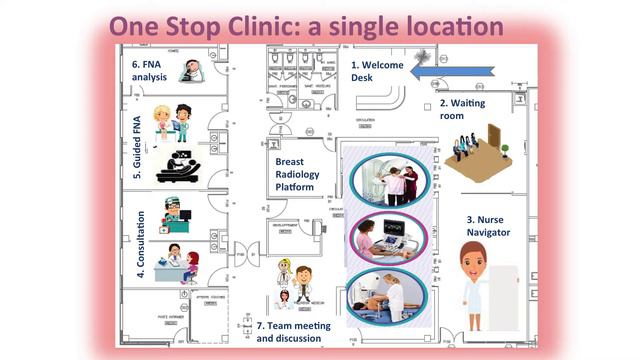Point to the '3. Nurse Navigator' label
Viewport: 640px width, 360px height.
click(488, 225)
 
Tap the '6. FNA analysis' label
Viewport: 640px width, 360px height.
click(151, 71)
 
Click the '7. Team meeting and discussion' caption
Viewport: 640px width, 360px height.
click(289, 332)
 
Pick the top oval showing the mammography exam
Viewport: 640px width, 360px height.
click(389, 181)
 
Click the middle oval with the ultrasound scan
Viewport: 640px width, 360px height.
click(389, 238)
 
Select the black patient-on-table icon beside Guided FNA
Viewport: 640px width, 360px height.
click(179, 166)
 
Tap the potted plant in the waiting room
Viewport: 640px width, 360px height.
click(505, 150)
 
